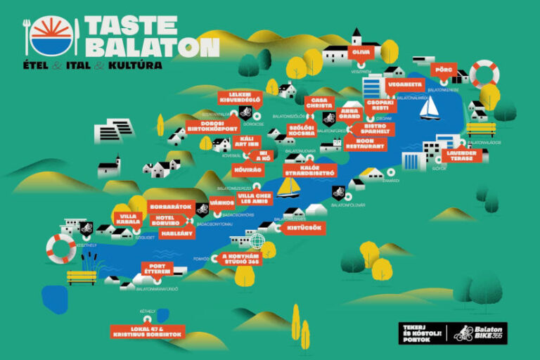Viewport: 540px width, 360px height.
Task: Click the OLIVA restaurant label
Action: click(361, 52)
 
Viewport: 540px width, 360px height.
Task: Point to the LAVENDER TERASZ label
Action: click(461, 155)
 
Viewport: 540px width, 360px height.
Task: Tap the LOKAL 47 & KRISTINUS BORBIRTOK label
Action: click(148, 330)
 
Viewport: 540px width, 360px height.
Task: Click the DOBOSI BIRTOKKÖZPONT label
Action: click(214, 126)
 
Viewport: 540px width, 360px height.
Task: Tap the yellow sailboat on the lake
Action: click(288, 186)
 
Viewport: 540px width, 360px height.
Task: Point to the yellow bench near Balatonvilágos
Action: click(481, 130)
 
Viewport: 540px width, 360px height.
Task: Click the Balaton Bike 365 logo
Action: click(480, 333)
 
